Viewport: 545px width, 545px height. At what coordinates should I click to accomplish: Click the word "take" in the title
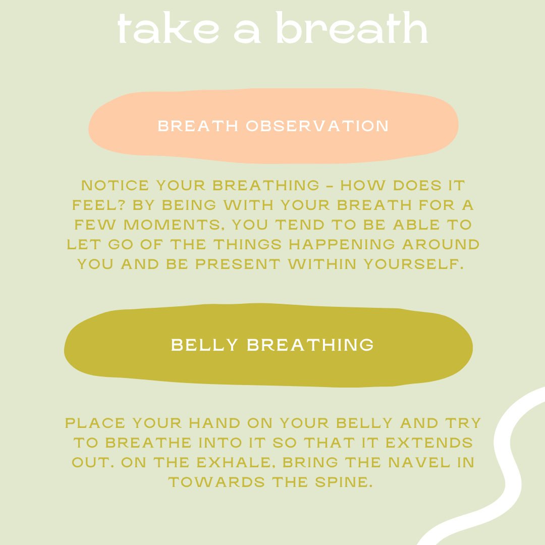coord(169,28)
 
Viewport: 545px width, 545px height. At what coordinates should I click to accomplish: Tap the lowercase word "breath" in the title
coord(352,28)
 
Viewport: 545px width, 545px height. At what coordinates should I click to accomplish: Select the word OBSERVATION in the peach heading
coord(317,126)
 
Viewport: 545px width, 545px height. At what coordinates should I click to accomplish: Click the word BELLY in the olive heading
coord(205,345)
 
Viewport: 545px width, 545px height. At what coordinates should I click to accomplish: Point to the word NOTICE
coord(115,185)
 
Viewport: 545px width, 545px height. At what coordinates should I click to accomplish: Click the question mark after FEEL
coord(121,205)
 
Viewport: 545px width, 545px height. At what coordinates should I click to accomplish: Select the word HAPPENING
coord(342,244)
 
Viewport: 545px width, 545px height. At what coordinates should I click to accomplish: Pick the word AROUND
coord(441,244)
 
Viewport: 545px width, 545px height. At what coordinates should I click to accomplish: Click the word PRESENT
coord(238,264)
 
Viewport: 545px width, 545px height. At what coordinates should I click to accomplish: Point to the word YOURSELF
coord(414,264)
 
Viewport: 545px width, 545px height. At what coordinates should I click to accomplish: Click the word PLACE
coord(95,423)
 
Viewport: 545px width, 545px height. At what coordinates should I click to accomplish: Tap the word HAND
coord(214,423)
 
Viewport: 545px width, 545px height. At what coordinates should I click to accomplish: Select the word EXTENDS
coord(429,443)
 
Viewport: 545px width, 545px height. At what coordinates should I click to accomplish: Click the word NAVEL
coord(419,463)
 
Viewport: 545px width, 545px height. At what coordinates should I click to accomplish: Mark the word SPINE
coord(344,482)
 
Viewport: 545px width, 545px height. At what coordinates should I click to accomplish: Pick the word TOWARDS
coord(216,482)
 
